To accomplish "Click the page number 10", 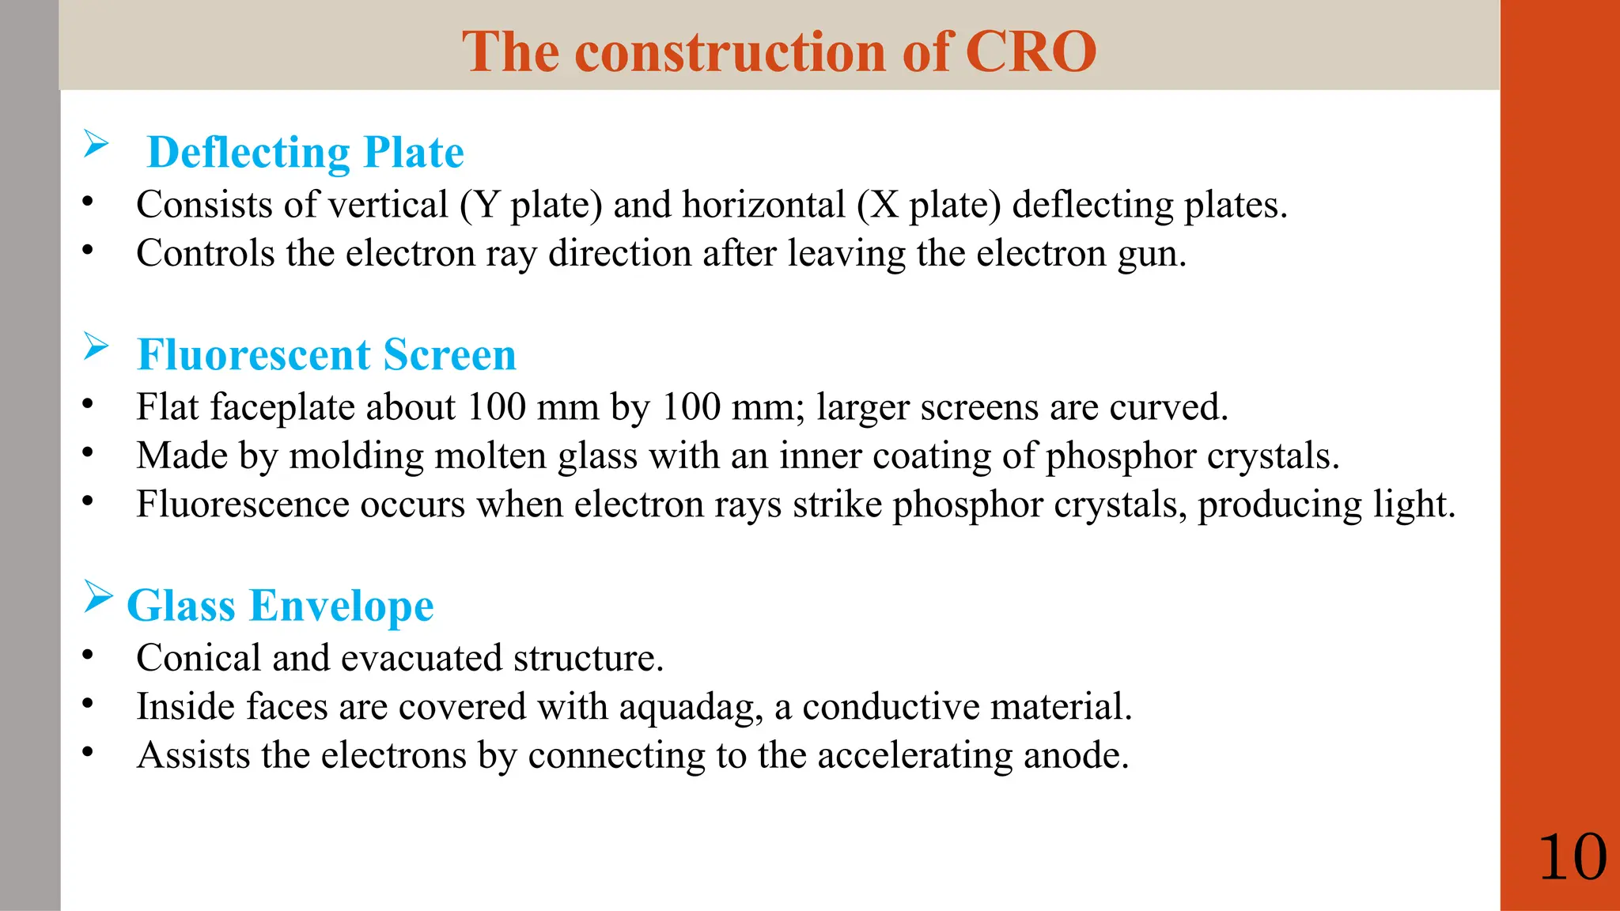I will point(1572,857).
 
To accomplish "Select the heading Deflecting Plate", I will point(305,153).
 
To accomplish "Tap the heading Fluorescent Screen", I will point(326,354).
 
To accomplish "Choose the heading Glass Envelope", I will point(280,606).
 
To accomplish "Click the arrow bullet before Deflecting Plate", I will point(96,144).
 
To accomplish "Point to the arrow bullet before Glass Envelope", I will point(97,597).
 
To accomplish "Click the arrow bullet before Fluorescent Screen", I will point(96,346).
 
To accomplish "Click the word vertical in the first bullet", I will point(388,205).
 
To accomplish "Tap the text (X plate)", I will point(928,205).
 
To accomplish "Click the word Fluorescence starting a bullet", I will point(242,505).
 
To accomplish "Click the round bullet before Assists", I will point(88,752).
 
